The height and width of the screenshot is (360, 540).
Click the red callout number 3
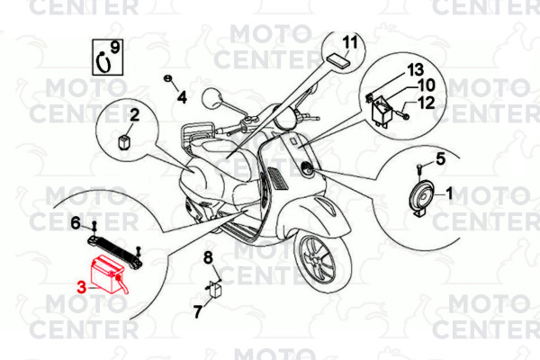coord(82,288)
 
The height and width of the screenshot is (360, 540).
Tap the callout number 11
coord(349,42)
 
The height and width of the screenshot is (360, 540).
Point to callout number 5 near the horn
coord(441,159)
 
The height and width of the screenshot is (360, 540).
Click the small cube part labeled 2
coord(124,140)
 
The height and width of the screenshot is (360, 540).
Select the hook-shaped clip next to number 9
coord(103,63)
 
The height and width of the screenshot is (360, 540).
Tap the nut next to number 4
coord(168,80)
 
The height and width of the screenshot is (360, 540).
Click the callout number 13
coord(415,70)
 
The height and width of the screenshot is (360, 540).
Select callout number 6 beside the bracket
coord(76,222)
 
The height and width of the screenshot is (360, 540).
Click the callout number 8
coord(208,259)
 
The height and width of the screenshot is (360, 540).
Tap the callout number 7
coord(198,312)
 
